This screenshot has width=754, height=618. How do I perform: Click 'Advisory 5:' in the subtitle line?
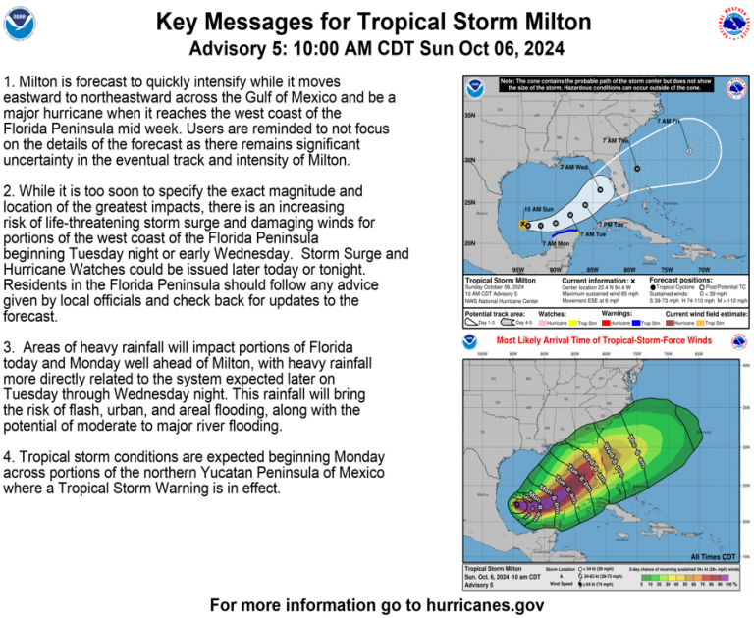click(x=235, y=49)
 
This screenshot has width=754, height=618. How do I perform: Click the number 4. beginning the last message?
click(x=10, y=458)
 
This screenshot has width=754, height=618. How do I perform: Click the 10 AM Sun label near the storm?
click(x=539, y=209)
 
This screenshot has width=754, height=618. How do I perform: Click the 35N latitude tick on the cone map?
click(x=470, y=116)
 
